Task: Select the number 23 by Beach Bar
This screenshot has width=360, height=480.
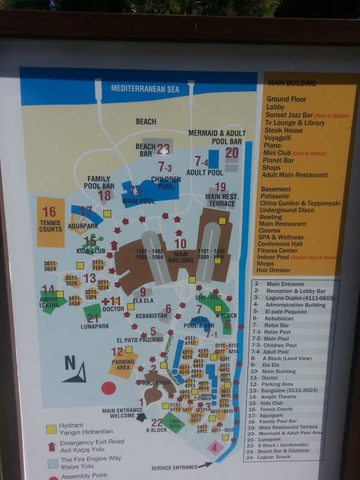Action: pos(163,149)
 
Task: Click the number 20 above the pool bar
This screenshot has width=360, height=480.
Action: pos(231,153)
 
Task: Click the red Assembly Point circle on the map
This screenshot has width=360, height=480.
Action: pos(108,388)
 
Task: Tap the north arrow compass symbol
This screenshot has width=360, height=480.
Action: pos(75,370)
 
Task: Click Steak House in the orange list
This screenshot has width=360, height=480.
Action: pos(286,131)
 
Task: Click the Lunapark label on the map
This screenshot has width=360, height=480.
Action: pos(94,326)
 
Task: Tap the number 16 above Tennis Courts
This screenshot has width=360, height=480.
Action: pos(49,212)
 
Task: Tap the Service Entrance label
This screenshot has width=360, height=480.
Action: pos(174,467)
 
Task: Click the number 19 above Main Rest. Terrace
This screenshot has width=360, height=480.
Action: pos(220,187)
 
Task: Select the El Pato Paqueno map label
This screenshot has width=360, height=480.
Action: pos(139,339)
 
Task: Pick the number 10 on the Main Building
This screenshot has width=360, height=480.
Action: pos(180,244)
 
